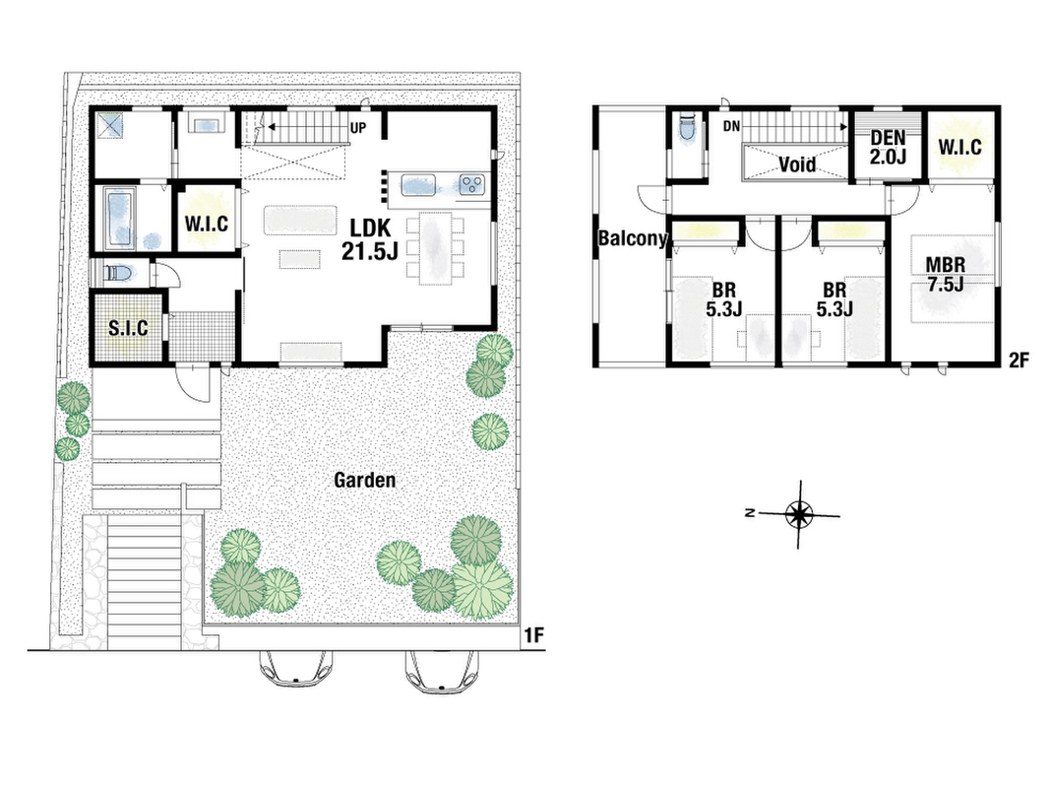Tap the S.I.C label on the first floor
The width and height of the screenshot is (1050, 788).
click(x=129, y=328)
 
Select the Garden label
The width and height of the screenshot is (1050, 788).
click(x=365, y=480)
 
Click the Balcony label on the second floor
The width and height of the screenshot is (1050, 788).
click(x=632, y=237)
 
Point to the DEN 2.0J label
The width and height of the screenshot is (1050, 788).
click(x=888, y=148)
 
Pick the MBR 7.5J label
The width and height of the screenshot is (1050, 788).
click(x=946, y=274)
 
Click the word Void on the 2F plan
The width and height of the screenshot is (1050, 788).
click(x=797, y=164)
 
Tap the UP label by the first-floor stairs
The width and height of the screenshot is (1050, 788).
click(x=358, y=127)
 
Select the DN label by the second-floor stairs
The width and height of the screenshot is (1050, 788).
click(x=731, y=126)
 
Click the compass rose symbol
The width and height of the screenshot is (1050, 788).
click(x=798, y=514)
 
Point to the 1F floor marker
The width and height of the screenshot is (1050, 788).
click(x=533, y=635)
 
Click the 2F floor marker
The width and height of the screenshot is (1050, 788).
click(x=1018, y=361)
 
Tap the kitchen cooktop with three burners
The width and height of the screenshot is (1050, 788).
click(x=472, y=183)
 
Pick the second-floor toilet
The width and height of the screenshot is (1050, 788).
click(x=686, y=129)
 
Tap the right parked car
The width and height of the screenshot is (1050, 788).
click(x=442, y=670)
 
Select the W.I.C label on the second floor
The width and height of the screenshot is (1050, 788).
click(x=959, y=147)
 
